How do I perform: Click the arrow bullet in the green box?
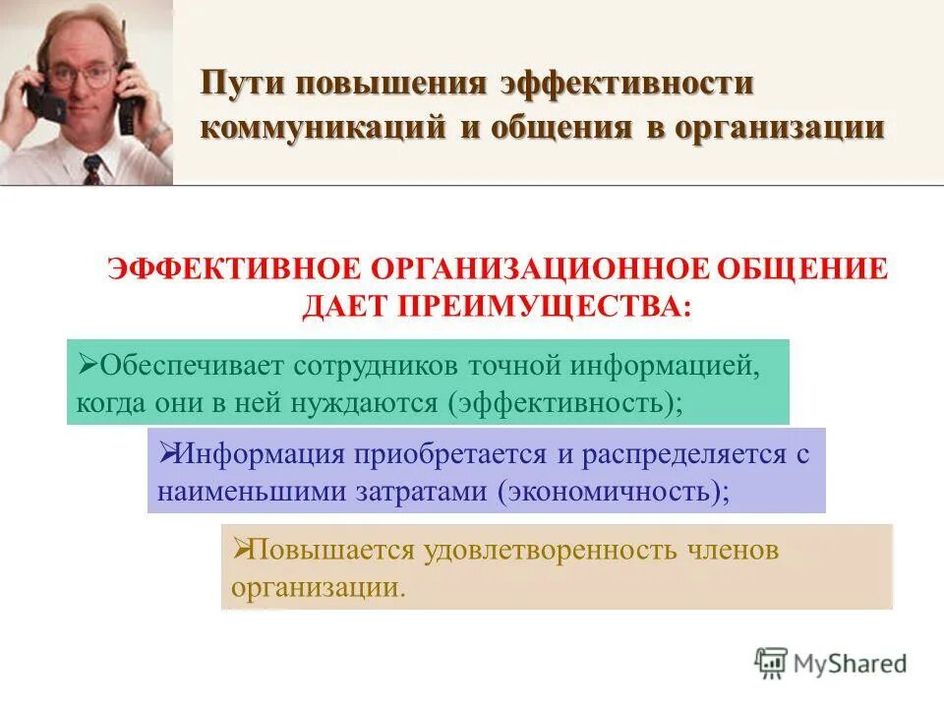pos(86,366)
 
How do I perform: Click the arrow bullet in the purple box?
pos(166,454)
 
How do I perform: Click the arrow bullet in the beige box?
pos(239,550)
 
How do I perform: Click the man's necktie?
pos(92,170)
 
